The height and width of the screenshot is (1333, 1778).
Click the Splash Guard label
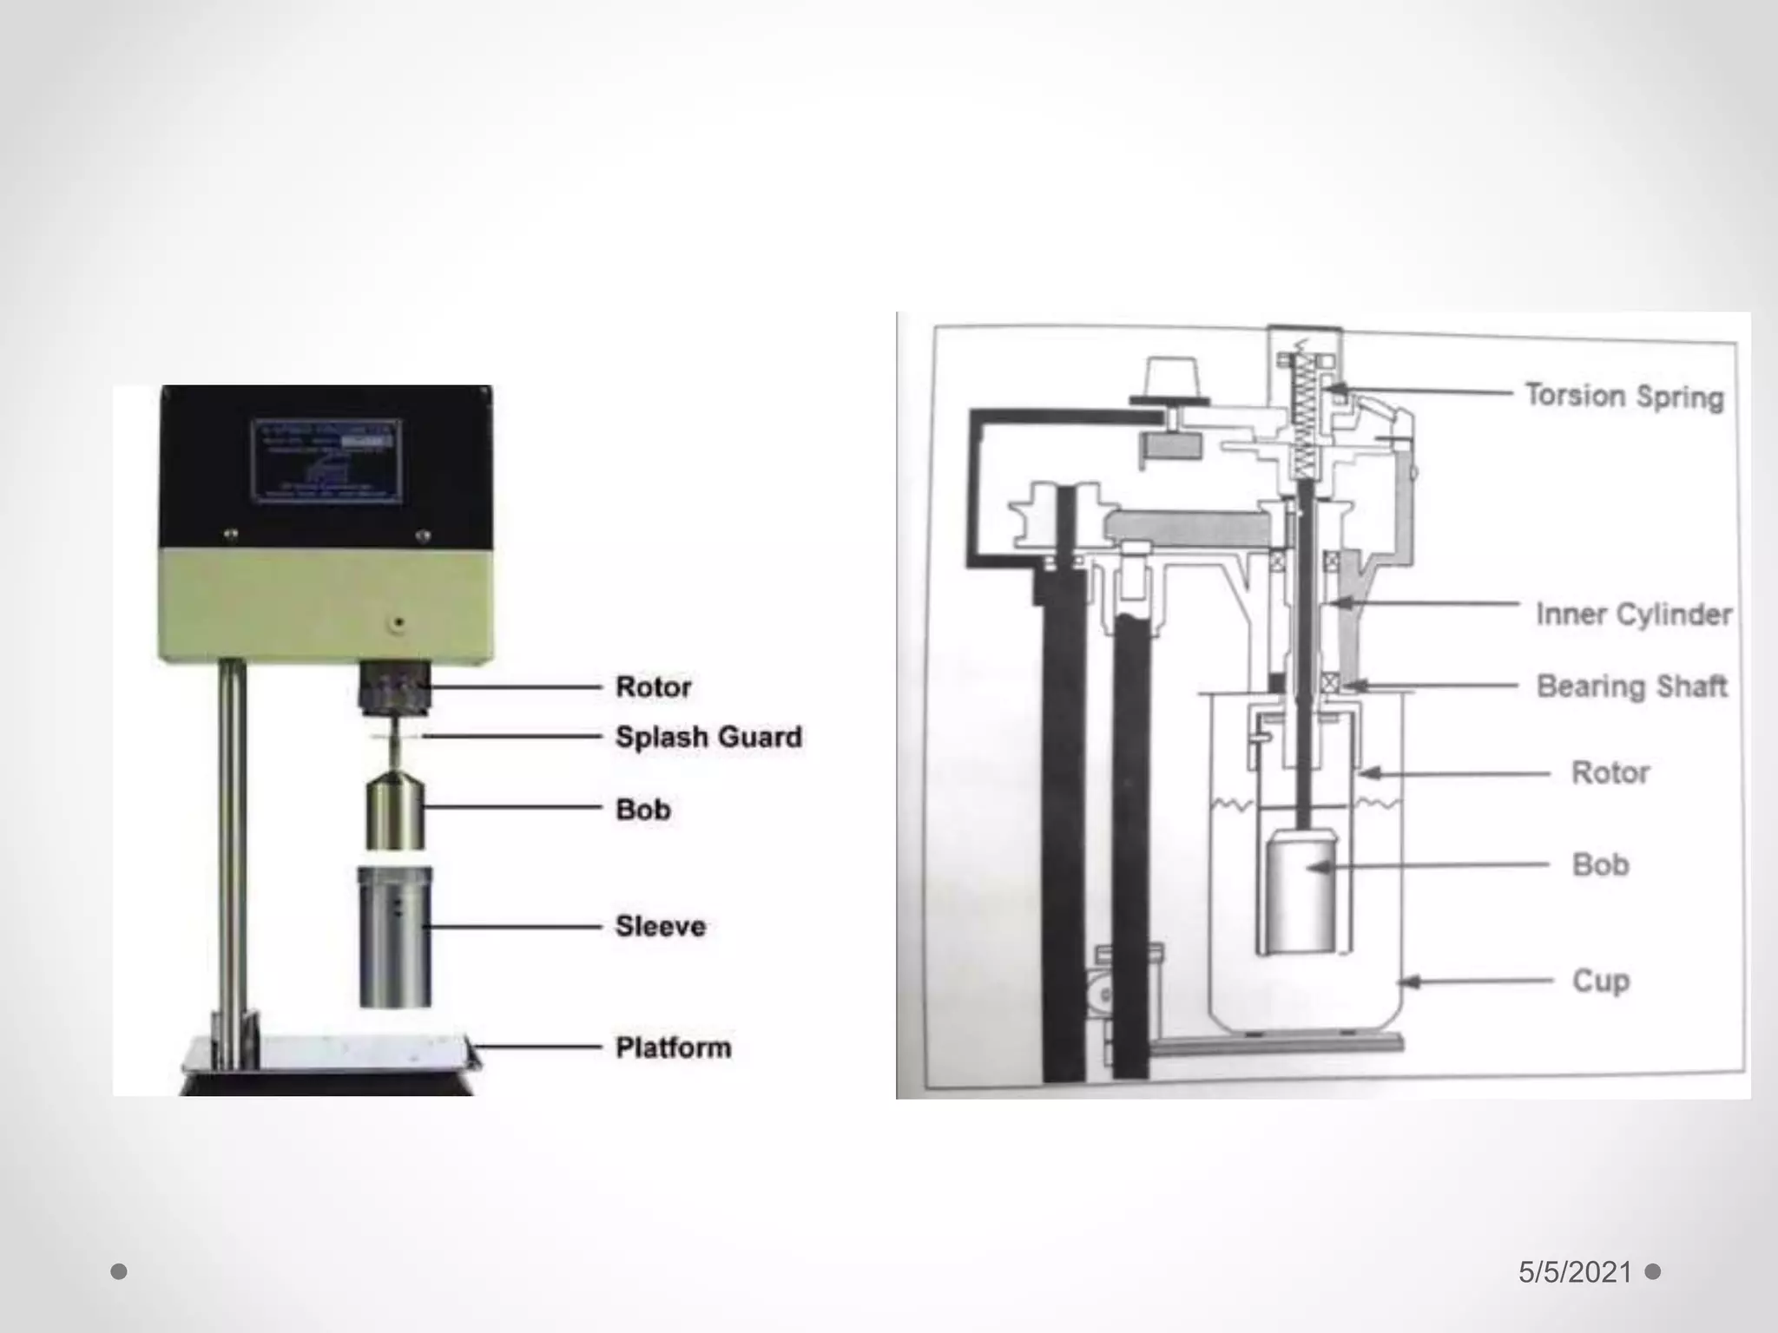(x=708, y=738)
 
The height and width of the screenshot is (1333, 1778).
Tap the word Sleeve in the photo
(x=660, y=926)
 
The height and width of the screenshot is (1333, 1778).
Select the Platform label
(x=673, y=1047)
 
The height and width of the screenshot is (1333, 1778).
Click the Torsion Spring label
(x=1624, y=396)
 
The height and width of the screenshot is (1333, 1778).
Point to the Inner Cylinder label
(x=1633, y=614)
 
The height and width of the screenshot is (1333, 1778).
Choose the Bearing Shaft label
(x=1631, y=686)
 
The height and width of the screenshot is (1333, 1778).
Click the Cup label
(x=1601, y=982)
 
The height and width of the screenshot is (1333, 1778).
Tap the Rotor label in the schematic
(x=1610, y=772)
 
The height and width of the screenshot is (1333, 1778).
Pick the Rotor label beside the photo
(x=653, y=687)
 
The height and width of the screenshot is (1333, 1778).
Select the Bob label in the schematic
(x=1600, y=864)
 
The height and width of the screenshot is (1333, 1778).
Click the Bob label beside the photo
(x=642, y=810)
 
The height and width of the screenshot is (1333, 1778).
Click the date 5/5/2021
(x=1575, y=1272)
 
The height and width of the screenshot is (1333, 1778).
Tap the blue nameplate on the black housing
(x=327, y=461)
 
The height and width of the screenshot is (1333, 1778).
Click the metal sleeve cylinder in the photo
(x=395, y=937)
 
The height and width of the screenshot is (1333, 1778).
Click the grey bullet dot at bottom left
(x=119, y=1271)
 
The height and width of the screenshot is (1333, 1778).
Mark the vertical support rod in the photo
(x=231, y=859)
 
